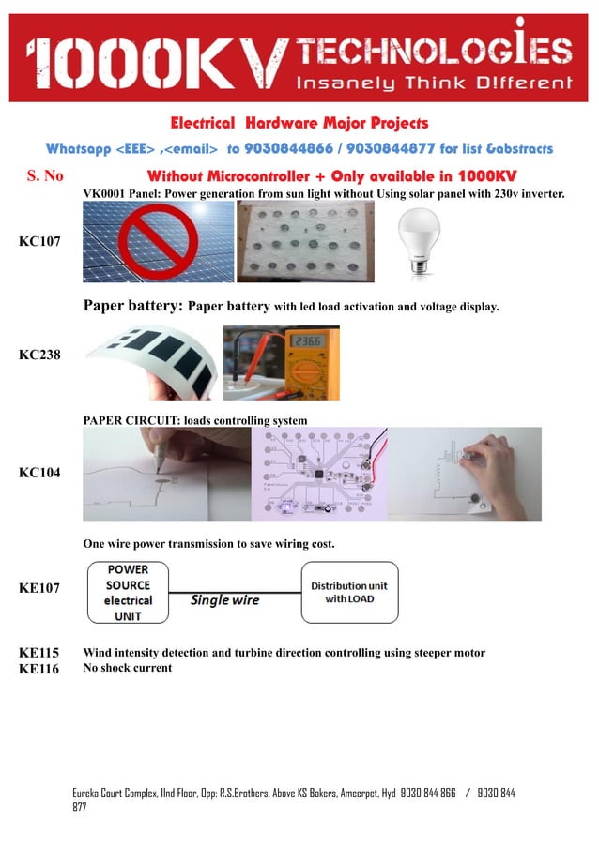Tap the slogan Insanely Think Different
(x=434, y=83)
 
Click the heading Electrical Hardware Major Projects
(x=299, y=123)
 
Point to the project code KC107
(x=39, y=242)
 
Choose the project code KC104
(x=39, y=473)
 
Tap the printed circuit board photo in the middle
(x=319, y=474)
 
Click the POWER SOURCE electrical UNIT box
(x=128, y=593)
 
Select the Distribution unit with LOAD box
(x=349, y=593)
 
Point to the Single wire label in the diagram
(x=223, y=599)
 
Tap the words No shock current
(x=128, y=668)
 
